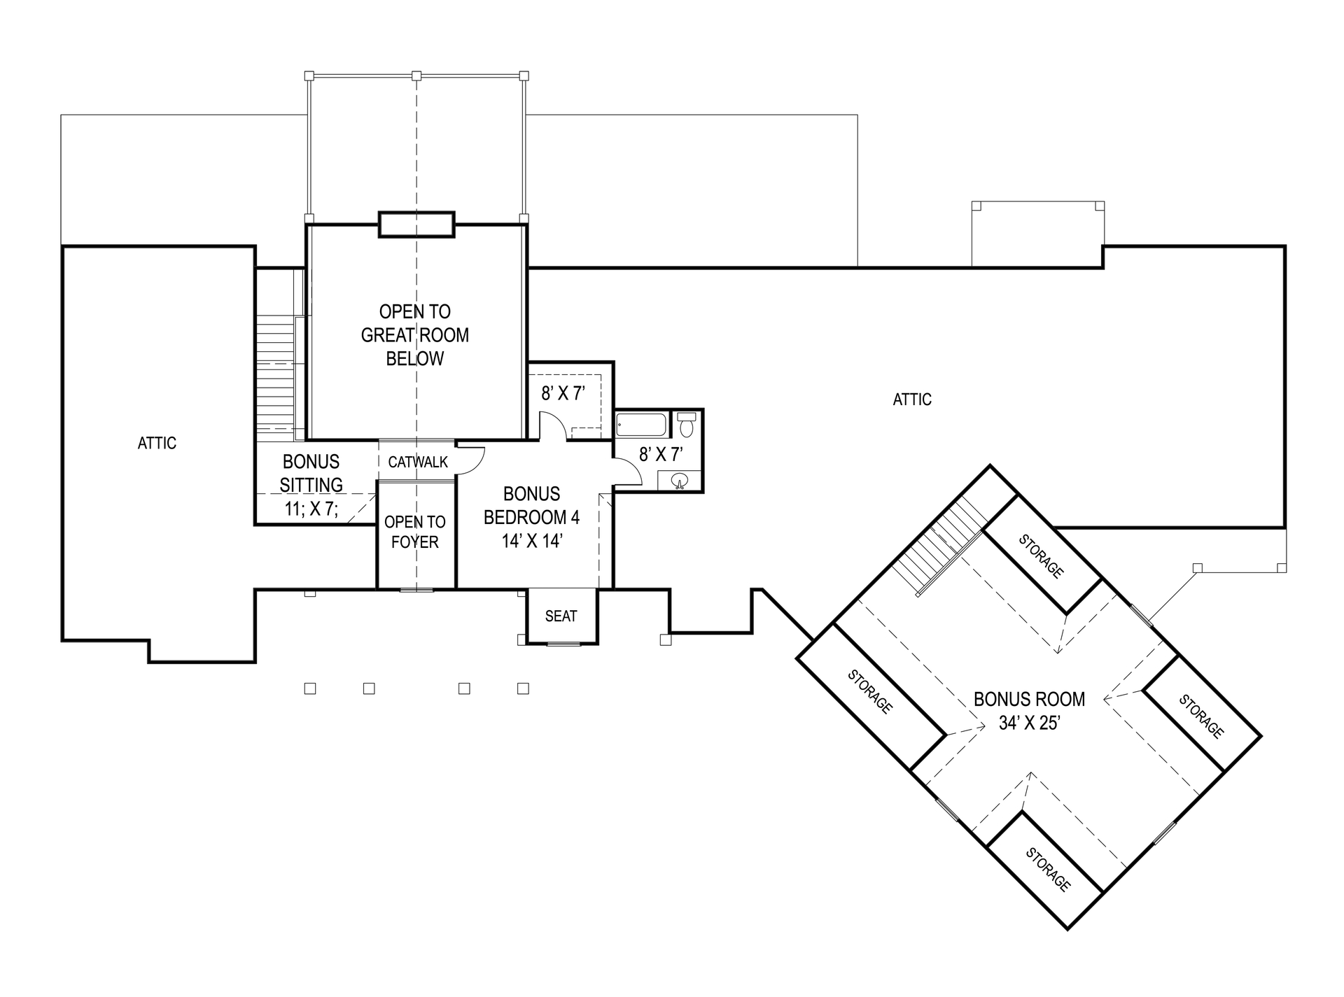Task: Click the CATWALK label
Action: coord(418,462)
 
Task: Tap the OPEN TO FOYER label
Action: coord(414,532)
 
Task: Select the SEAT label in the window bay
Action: coord(561,616)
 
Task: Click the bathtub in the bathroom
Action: coord(641,425)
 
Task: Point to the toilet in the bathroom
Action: coord(687,424)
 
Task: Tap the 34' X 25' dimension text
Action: coord(1028,723)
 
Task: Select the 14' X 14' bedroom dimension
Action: coord(532,541)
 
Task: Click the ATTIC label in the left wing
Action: coord(157,443)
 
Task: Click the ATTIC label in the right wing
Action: coord(912,399)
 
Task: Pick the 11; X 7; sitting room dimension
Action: coord(311,509)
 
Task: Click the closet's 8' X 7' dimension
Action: coord(563,393)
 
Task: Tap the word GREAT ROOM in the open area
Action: coord(414,335)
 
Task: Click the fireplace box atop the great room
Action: coord(416,225)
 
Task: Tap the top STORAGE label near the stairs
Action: coord(1041,556)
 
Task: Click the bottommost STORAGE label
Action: coord(1047,870)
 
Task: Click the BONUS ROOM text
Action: coord(1029,699)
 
